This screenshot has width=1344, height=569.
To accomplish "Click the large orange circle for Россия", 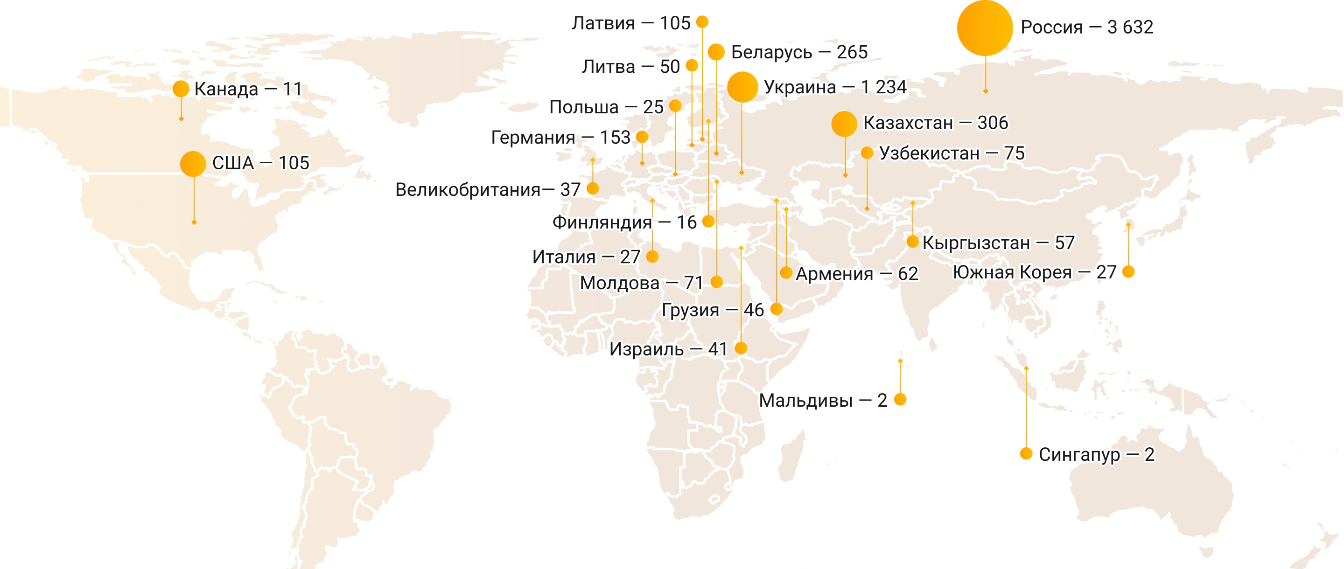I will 985,28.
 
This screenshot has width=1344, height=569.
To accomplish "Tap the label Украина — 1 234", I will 835,87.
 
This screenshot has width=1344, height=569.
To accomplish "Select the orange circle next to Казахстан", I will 844,124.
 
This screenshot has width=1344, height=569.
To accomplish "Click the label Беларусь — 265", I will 799,52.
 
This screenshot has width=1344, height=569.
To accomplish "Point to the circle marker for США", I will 193,164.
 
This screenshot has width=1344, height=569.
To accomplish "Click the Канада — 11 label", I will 248,89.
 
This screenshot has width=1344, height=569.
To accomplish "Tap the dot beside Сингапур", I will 1026,453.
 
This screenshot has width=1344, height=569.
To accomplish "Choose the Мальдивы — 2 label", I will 822,401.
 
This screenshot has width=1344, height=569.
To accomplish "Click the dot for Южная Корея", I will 1128,272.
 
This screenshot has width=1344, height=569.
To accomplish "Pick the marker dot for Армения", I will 786,272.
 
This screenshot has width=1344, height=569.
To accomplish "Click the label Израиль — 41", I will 668,349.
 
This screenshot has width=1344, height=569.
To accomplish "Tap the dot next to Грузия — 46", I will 777,309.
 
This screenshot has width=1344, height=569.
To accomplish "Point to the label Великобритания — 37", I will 487,190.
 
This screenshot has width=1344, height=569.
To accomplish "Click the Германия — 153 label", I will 560,138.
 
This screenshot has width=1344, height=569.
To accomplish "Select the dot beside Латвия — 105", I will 702,22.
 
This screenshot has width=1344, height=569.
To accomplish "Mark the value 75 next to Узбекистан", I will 1014,153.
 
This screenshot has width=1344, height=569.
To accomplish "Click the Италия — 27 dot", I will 652,257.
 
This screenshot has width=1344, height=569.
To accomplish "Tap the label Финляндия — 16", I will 624,222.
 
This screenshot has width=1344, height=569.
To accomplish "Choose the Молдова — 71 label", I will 642,283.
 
